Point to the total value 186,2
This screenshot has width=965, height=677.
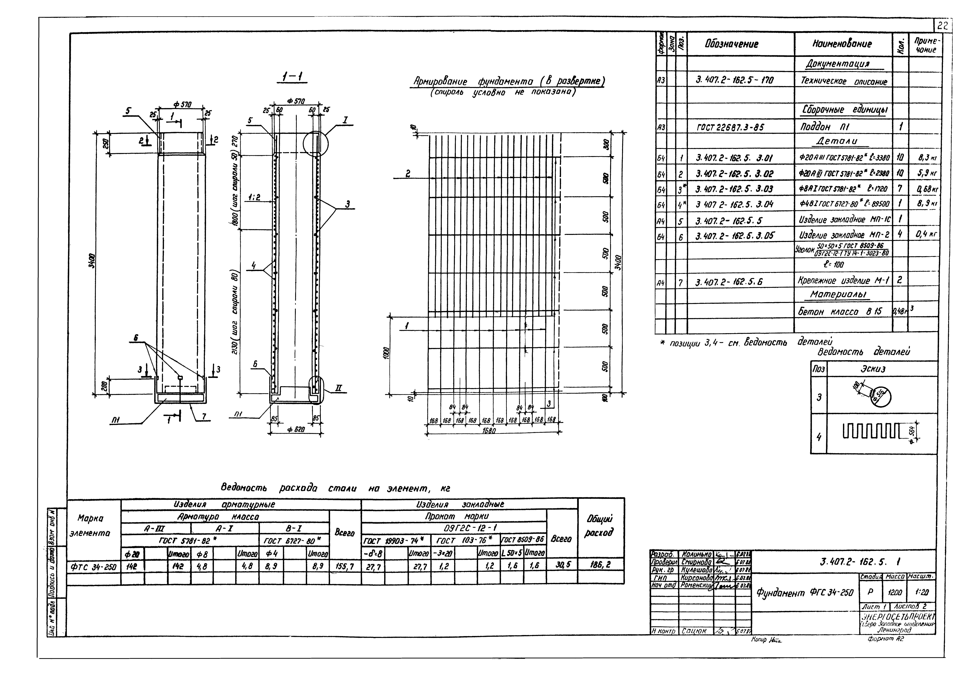(x=601, y=566)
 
